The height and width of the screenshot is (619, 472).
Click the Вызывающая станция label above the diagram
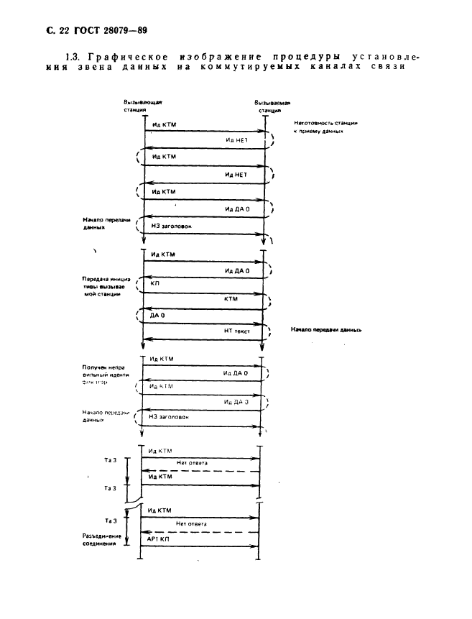[x=137, y=108]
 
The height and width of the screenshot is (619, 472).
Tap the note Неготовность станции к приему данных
[x=325, y=127]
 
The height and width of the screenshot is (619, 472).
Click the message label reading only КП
[x=155, y=284]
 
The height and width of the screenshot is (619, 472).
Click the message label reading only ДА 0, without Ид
[x=157, y=314]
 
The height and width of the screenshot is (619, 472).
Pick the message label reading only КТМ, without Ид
[x=231, y=298]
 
